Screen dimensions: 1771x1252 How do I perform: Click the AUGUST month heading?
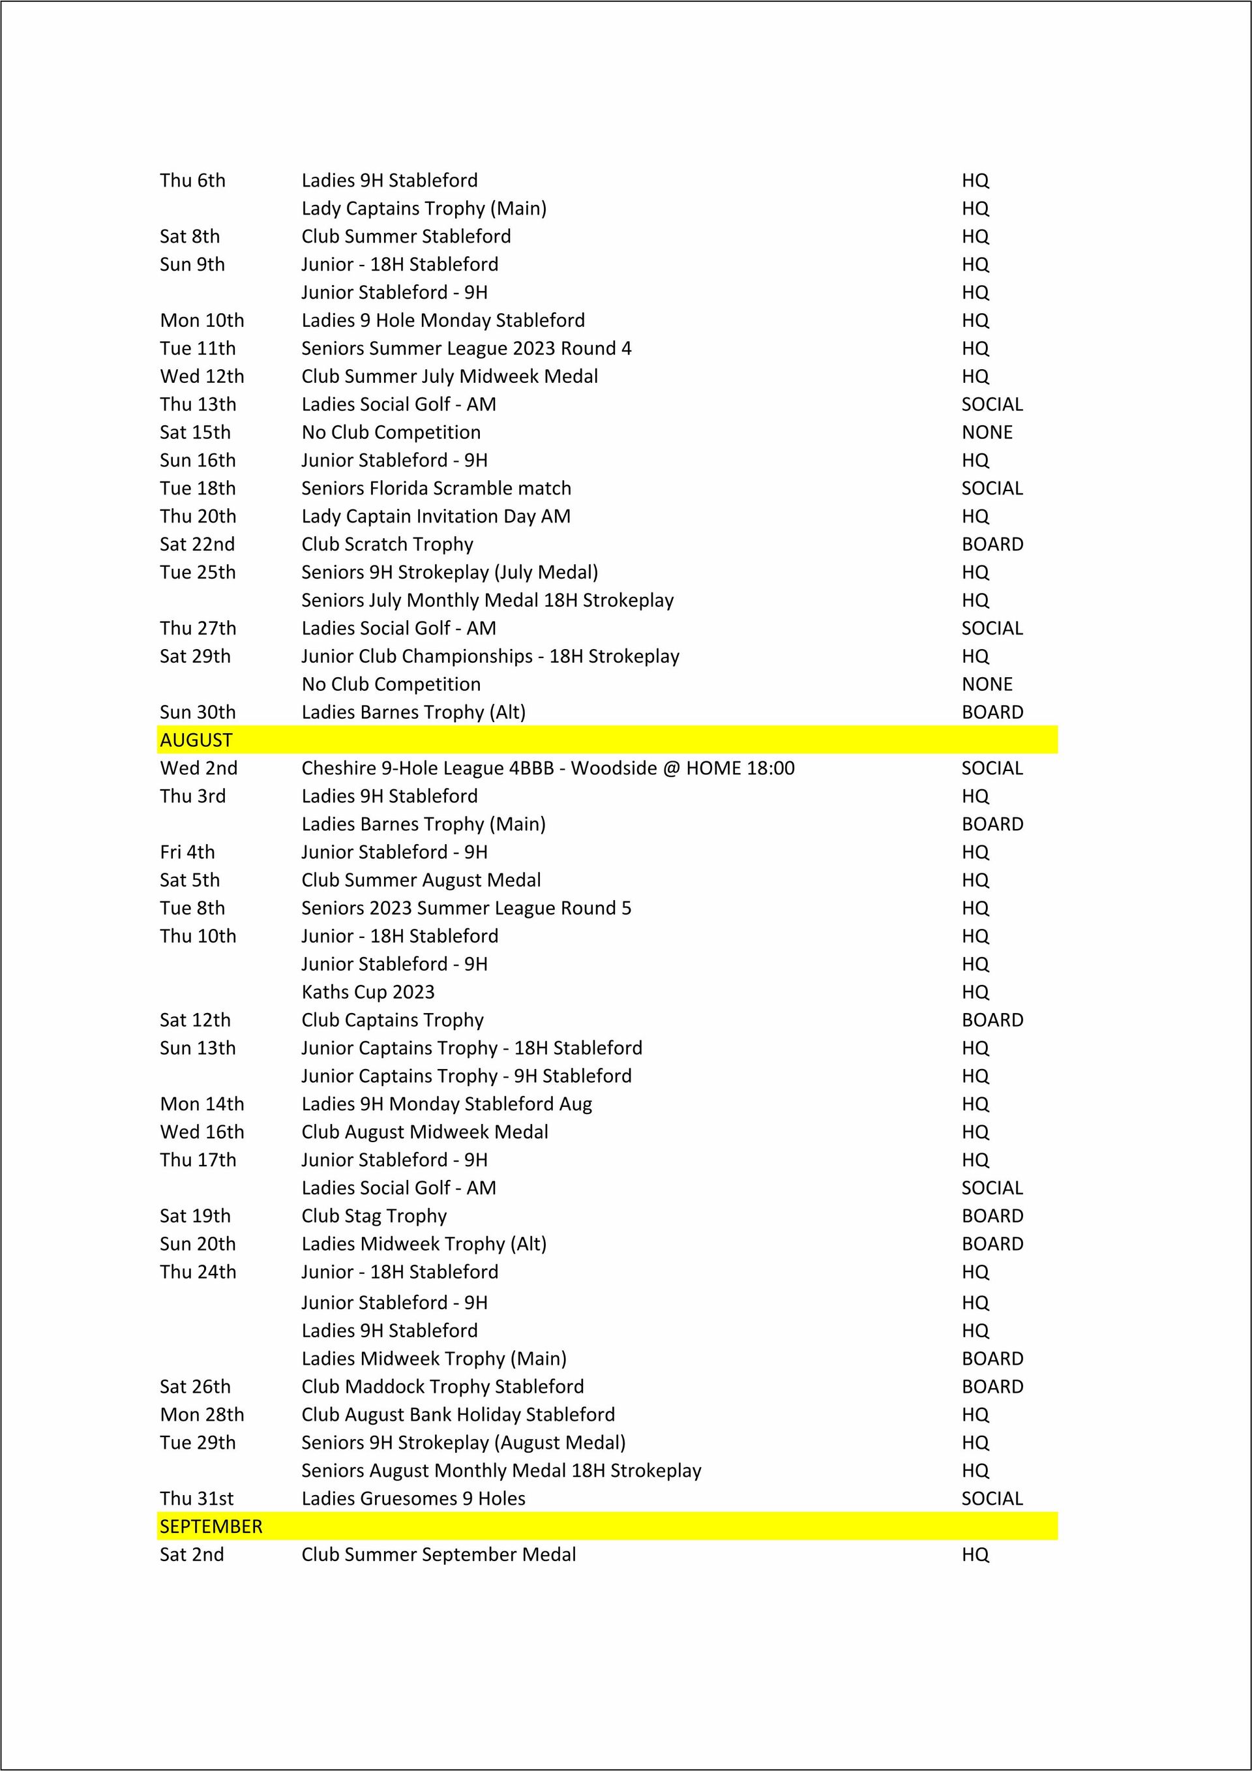point(196,740)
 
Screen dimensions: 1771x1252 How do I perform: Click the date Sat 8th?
point(190,236)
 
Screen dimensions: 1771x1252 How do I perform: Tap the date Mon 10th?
point(202,320)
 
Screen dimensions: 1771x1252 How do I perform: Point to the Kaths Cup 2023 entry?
point(368,992)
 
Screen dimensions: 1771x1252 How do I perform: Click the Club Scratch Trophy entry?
point(387,544)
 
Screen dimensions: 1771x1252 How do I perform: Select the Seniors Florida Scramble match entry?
point(436,489)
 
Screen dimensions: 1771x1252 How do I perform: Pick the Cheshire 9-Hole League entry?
point(547,768)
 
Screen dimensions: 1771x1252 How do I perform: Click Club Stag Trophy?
point(374,1216)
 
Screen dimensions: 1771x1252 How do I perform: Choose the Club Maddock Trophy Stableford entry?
point(443,1386)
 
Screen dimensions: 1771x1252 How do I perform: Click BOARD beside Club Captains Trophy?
point(992,1020)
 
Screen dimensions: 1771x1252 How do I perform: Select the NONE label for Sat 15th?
point(987,432)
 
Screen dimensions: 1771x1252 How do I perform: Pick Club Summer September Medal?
point(439,1554)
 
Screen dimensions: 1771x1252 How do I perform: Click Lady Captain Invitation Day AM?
point(436,516)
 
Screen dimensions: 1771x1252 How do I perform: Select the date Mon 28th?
point(202,1415)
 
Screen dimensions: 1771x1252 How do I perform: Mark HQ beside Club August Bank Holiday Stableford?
point(976,1415)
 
